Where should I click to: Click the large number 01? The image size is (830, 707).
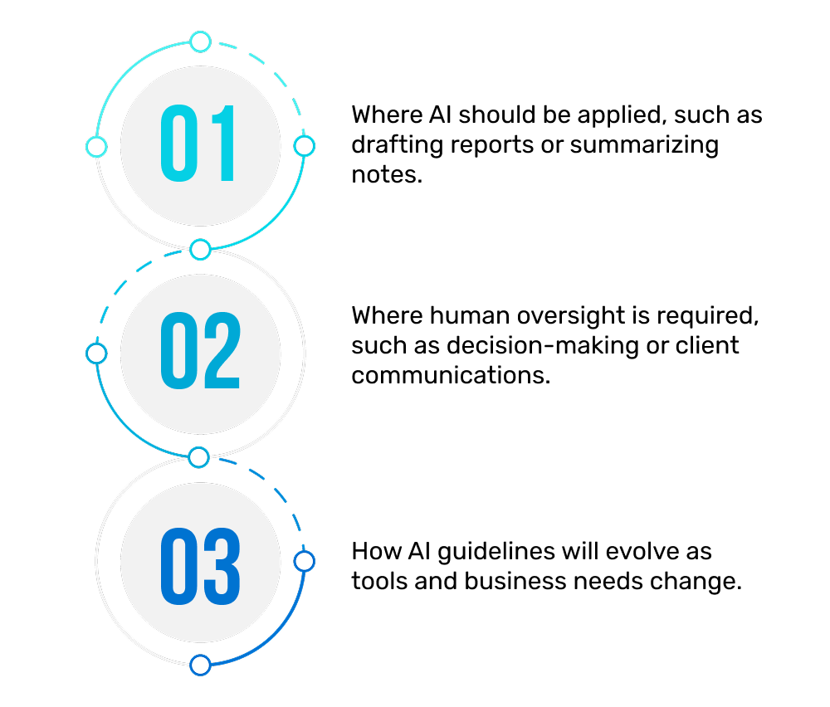(198, 143)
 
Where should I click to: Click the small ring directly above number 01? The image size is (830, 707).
(201, 41)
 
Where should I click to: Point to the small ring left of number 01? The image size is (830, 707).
(96, 147)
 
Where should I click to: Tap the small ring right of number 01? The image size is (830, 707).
(305, 146)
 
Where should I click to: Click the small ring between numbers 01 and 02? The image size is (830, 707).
(200, 250)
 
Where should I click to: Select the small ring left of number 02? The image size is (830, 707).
(96, 353)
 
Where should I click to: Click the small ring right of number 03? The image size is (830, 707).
(305, 562)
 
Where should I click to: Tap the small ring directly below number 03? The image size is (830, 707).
(201, 666)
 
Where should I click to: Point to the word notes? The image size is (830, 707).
(387, 174)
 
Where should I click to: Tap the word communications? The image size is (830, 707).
(451, 375)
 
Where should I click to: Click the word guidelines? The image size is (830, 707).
(496, 553)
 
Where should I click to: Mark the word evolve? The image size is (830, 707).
(642, 552)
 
